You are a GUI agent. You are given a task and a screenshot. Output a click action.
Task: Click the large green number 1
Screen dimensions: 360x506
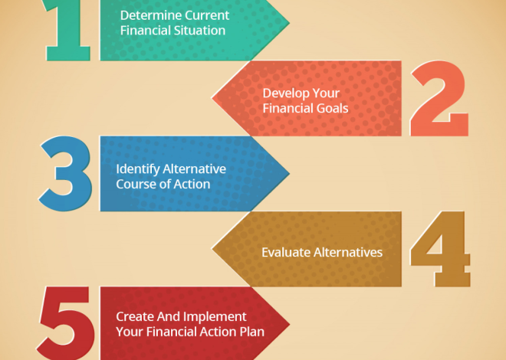point(70,31)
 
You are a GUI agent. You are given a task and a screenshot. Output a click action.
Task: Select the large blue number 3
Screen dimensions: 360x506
point(67,175)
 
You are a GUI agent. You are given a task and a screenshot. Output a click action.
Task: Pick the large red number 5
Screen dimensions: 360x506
point(67,322)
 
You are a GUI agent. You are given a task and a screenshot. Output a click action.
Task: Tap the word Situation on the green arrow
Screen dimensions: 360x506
point(200,31)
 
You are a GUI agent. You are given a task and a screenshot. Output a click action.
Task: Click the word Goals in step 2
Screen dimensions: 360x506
point(332,108)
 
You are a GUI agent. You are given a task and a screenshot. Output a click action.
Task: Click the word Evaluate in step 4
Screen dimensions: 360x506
point(285,251)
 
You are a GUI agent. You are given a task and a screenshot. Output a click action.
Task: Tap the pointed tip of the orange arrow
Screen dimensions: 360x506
point(213,98)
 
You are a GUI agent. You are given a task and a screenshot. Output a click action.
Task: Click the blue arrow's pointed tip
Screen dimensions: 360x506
point(288,173)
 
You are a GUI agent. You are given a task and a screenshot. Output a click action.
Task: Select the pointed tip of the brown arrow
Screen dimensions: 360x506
point(213,250)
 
